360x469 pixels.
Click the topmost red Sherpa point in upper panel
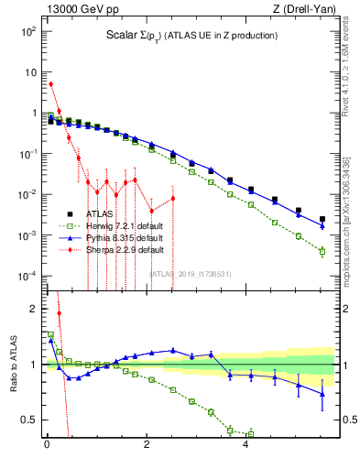pyautogui.click(x=50, y=84)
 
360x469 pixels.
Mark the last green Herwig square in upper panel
pyautogui.click(x=322, y=251)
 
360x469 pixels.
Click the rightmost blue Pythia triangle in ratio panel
pyautogui.click(x=322, y=394)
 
